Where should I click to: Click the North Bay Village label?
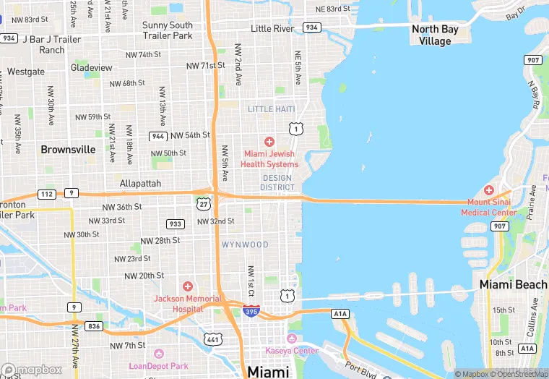point(435,35)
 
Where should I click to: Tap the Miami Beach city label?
point(513,285)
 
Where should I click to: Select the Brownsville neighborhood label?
point(68,150)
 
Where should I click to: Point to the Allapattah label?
point(140,184)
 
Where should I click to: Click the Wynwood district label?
point(245,244)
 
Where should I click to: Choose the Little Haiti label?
point(272,108)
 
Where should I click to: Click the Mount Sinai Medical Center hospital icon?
point(488,190)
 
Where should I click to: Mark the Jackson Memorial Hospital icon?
point(188,287)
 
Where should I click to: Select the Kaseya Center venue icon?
point(293,339)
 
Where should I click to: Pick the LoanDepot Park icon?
point(158,354)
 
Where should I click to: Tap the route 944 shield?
point(158,136)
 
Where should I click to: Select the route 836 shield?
point(94,326)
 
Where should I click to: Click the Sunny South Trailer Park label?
point(168,30)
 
